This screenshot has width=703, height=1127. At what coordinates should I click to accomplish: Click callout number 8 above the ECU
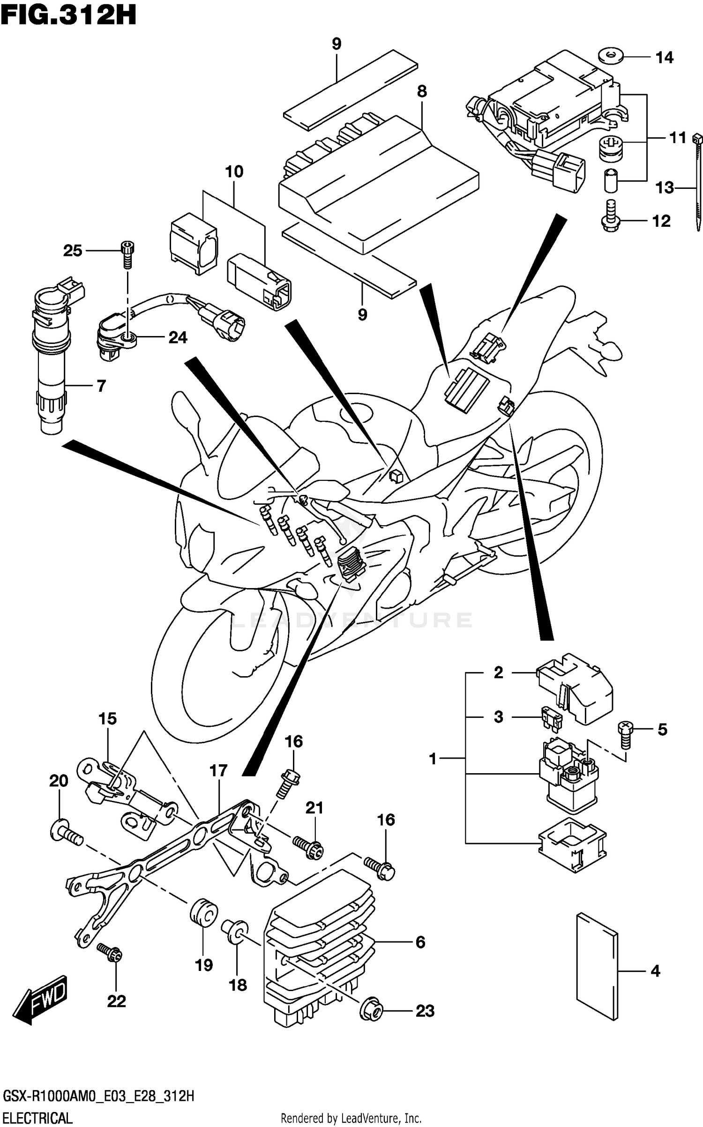click(422, 91)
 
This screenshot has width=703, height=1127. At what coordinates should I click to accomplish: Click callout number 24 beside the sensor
click(178, 337)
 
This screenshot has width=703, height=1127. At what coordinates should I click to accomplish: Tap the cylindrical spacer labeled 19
click(203, 913)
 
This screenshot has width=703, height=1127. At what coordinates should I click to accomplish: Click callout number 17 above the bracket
click(218, 770)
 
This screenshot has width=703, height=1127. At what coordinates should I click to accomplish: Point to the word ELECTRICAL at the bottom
click(37, 1118)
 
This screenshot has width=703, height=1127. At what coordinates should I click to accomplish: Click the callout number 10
click(234, 172)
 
